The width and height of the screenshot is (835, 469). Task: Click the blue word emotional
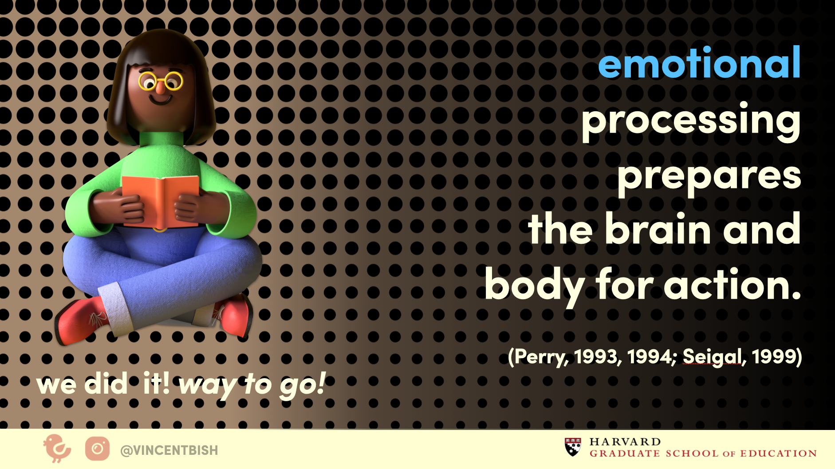[699, 63]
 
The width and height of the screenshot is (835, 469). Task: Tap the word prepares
[709, 176]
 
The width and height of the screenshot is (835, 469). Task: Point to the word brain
[658, 229]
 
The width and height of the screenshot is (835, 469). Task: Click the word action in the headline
[733, 285]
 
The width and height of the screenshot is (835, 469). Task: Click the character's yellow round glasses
[160, 81]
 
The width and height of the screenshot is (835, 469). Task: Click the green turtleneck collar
[161, 139]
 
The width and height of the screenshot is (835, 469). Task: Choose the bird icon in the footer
[57, 449]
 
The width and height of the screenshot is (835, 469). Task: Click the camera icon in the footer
[98, 449]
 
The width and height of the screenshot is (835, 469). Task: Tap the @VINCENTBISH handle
[169, 450]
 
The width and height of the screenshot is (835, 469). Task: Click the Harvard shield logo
[573, 447]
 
